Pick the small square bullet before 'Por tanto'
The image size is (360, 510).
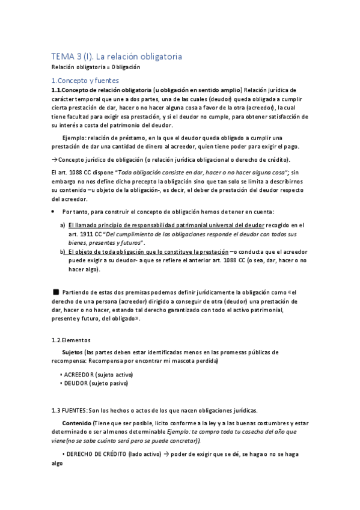click(53, 212)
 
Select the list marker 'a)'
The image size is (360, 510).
click(63, 224)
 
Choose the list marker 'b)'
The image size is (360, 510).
click(63, 252)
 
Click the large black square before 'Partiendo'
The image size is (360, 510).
click(56, 291)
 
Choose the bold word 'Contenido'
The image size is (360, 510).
click(77, 423)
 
